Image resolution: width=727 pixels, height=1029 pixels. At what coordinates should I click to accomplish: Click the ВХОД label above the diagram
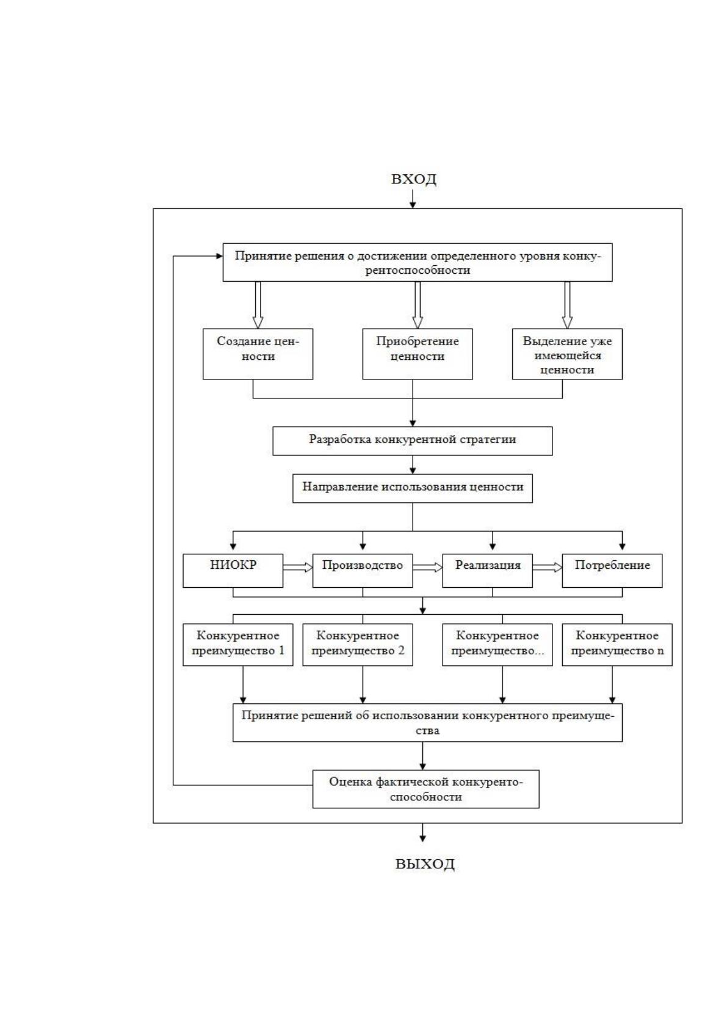(x=413, y=178)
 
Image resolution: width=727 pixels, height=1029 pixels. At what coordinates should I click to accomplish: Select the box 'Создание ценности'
(x=258, y=354)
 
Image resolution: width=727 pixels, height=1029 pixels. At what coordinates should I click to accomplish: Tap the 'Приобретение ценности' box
(x=417, y=354)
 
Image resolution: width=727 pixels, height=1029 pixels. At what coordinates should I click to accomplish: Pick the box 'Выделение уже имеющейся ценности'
(x=567, y=354)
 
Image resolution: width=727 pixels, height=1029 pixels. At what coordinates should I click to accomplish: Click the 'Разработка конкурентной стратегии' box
(x=413, y=441)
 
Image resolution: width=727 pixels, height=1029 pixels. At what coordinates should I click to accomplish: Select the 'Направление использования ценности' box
(x=413, y=488)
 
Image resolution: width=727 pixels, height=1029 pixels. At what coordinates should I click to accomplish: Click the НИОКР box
(x=233, y=571)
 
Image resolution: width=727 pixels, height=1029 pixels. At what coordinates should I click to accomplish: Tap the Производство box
(x=363, y=571)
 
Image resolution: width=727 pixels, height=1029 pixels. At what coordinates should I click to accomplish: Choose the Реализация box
(x=488, y=571)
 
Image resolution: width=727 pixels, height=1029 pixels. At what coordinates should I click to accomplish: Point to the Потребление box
(x=612, y=571)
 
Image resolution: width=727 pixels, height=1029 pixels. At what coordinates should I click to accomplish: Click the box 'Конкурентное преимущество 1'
(x=237, y=645)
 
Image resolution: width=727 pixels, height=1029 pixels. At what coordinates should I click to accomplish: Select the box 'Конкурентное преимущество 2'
(x=358, y=645)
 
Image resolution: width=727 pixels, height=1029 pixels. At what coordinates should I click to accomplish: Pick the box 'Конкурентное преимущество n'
(x=617, y=645)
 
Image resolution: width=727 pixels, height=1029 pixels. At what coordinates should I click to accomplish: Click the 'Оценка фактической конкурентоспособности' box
(x=426, y=789)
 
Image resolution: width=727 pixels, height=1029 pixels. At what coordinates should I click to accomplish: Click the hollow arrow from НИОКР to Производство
(x=298, y=567)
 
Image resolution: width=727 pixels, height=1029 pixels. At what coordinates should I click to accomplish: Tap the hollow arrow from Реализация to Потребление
(x=548, y=567)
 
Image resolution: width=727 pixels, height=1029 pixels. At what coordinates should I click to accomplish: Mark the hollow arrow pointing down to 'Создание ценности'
(x=258, y=305)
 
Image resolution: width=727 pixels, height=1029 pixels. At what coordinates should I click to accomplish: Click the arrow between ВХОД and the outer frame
(x=413, y=199)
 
